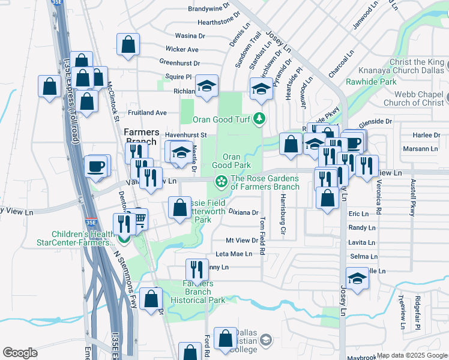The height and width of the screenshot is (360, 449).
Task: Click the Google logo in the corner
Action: (x=20, y=353)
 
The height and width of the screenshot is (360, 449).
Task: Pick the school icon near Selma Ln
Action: (x=357, y=278)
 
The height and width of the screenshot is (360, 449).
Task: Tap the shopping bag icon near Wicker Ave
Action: (x=128, y=44)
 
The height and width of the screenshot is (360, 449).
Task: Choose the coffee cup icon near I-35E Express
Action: (x=95, y=166)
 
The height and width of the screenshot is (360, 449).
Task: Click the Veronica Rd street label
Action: (x=379, y=197)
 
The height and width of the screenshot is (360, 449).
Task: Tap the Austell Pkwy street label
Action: (x=413, y=197)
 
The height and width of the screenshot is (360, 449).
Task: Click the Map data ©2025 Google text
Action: (x=411, y=355)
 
